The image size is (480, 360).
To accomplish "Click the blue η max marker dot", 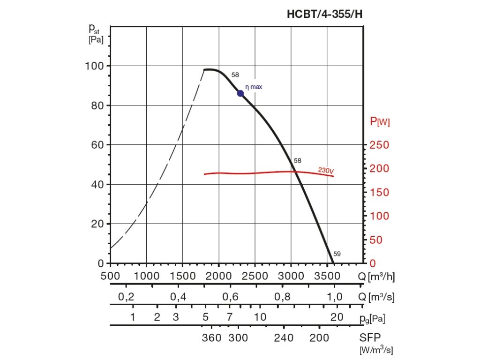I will pyautogui.click(x=240, y=93).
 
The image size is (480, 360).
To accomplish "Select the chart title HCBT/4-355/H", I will pyautogui.click(x=324, y=14).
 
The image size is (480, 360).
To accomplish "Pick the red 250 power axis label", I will pyautogui.click(x=379, y=145).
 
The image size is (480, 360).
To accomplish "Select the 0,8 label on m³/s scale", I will pyautogui.click(x=282, y=296).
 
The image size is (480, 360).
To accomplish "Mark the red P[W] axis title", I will pyautogui.click(x=380, y=122).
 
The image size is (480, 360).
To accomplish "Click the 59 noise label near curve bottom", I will pyautogui.click(x=337, y=254).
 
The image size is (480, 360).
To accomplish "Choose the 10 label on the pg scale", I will pyautogui.click(x=260, y=317).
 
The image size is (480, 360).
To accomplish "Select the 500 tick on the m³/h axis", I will pyautogui.click(x=111, y=276).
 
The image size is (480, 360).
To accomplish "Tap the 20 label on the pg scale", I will pyautogui.click(x=337, y=317).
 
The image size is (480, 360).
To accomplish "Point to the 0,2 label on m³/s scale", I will pyautogui.click(x=126, y=296).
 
